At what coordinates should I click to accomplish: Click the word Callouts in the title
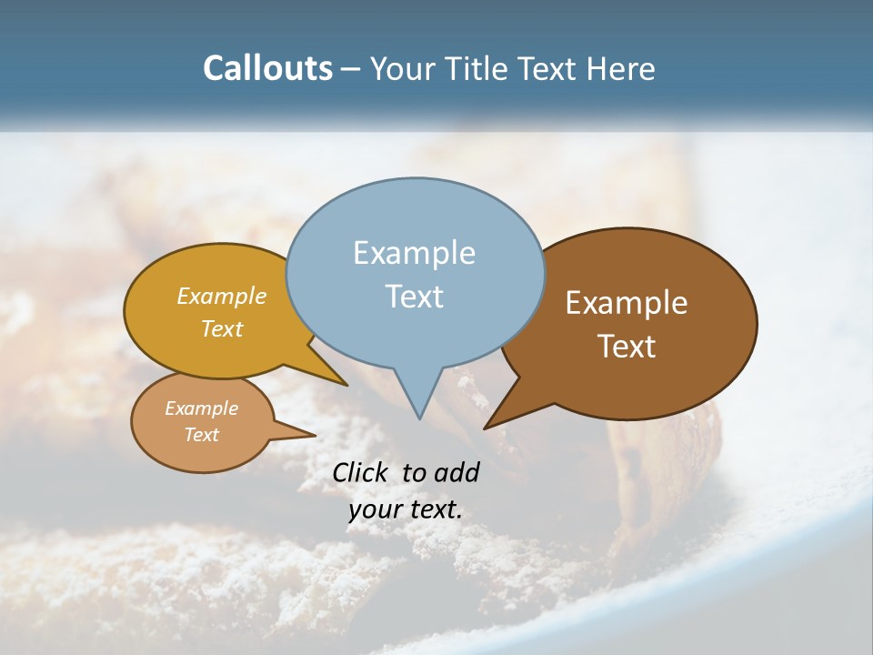pyautogui.click(x=267, y=68)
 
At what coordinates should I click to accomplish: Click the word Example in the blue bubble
pyautogui.click(x=414, y=253)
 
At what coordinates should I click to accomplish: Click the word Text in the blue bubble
pyautogui.click(x=414, y=296)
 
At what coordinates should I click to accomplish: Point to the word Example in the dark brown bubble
pyautogui.click(x=627, y=303)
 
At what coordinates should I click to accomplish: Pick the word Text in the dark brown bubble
pyautogui.click(x=627, y=347)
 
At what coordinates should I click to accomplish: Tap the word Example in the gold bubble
pyautogui.click(x=222, y=296)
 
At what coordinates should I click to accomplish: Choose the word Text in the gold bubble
pyautogui.click(x=222, y=328)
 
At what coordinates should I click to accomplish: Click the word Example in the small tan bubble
pyautogui.click(x=201, y=408)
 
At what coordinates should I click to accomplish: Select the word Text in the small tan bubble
pyautogui.click(x=201, y=435)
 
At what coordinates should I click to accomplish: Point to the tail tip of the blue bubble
pyautogui.click(x=419, y=418)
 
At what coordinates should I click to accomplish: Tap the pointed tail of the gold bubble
pyautogui.click(x=344, y=383)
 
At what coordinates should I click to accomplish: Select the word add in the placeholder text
pyautogui.click(x=457, y=472)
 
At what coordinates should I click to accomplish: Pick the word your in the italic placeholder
pyautogui.click(x=372, y=509)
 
